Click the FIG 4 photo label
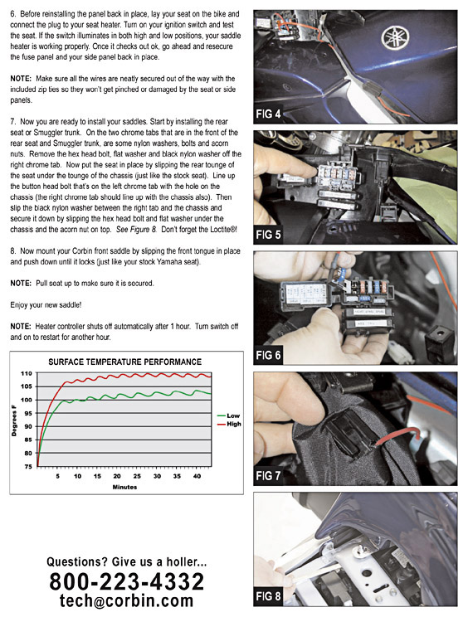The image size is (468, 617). [269, 114]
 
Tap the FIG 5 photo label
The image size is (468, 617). [269, 235]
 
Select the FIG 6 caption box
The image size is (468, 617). [269, 355]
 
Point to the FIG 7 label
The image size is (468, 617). [269, 476]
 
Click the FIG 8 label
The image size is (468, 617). [269, 596]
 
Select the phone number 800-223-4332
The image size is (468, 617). [127, 581]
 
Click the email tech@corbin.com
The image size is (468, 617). [127, 601]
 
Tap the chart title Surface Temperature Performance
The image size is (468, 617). [124, 362]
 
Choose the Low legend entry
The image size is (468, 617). [229, 415]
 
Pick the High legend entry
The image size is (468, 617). [229, 424]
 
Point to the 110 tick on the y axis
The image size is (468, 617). [27, 373]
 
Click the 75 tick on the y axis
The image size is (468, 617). [28, 467]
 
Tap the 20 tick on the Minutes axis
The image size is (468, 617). [117, 476]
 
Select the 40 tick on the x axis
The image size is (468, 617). [197, 476]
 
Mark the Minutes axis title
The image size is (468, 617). [124, 487]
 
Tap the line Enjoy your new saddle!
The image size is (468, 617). [46, 305]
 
